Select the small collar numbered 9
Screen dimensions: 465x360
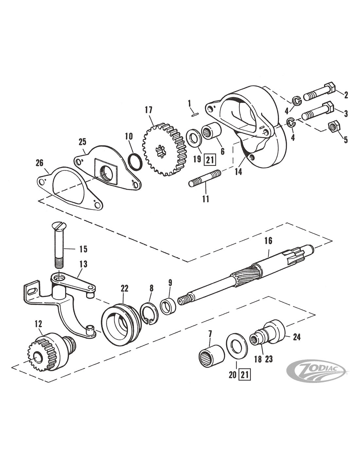[x=168, y=306]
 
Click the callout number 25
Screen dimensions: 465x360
[x=82, y=142]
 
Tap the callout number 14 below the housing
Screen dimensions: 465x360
[x=238, y=171]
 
